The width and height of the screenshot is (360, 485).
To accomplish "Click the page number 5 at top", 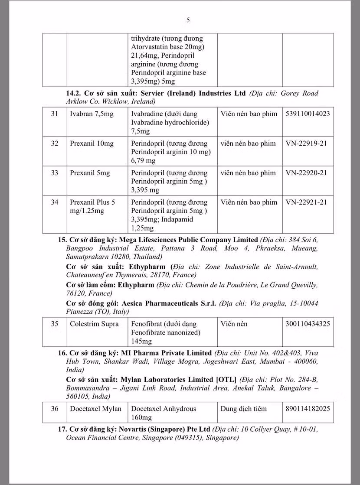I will tap(188, 20).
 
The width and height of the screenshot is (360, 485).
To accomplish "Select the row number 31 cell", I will tap(55, 114).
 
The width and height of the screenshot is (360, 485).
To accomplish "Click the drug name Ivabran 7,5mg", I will tap(92, 114).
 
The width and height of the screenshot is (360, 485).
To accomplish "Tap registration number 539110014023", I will tap(308, 114).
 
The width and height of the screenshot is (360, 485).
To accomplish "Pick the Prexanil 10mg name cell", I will tap(92, 143).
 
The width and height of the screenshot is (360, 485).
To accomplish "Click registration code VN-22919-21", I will tap(306, 143).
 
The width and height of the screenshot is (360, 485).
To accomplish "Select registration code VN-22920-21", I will tap(306, 173).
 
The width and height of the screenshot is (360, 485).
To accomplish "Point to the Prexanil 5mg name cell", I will tap(90, 173).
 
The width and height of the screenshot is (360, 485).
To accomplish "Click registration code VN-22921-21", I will tap(306, 202).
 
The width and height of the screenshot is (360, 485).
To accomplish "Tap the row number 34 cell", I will tap(55, 202).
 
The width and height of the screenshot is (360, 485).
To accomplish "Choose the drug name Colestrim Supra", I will tap(94, 324).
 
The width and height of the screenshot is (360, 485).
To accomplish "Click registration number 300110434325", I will tap(308, 324).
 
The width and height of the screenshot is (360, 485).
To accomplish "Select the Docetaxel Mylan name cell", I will tap(95, 409).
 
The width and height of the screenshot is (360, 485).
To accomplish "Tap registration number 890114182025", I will tap(308, 409).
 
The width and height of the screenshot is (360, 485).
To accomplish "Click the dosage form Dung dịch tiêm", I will tap(244, 409).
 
